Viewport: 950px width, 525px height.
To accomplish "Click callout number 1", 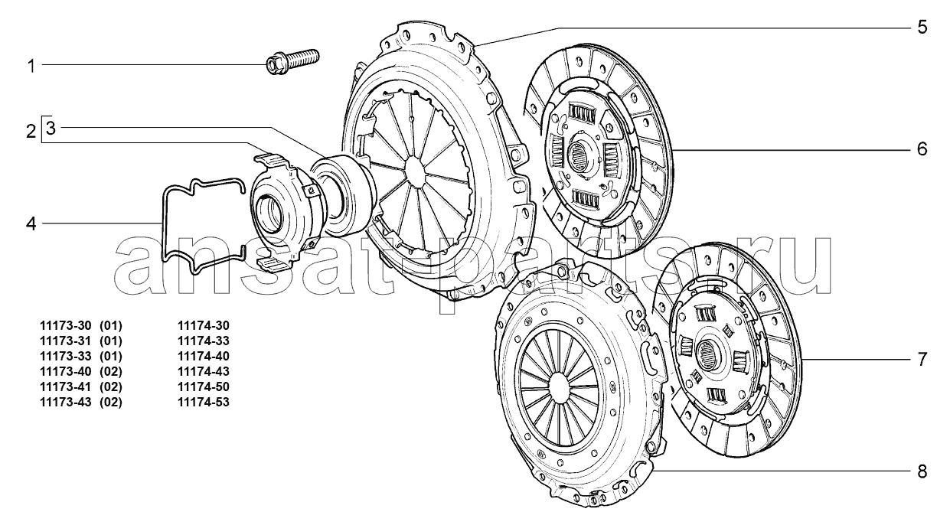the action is pos(31,67).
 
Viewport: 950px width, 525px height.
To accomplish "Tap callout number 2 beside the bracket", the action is pos(31,131).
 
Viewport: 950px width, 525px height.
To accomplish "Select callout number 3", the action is pos(51,128).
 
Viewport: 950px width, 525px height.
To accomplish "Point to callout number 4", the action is pos(31,223).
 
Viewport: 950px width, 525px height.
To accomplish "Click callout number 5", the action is pos(922,27).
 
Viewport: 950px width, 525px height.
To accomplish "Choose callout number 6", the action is pos(922,149).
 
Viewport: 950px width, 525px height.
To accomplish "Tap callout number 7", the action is pos(922,360).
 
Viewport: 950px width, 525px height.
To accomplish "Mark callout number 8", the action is pos(922,471).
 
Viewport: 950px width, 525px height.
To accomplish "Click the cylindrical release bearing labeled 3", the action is pos(344,193).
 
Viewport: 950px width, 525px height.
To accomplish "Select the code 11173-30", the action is pos(66,326).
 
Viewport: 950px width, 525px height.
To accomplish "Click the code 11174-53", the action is pos(204,402).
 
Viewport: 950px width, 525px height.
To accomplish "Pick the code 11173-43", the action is pos(66,402).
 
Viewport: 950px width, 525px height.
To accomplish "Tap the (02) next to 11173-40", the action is pos(111,371).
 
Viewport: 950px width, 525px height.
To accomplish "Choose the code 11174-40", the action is pos(204,356).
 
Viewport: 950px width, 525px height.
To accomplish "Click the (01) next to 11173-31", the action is pos(111,341).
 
